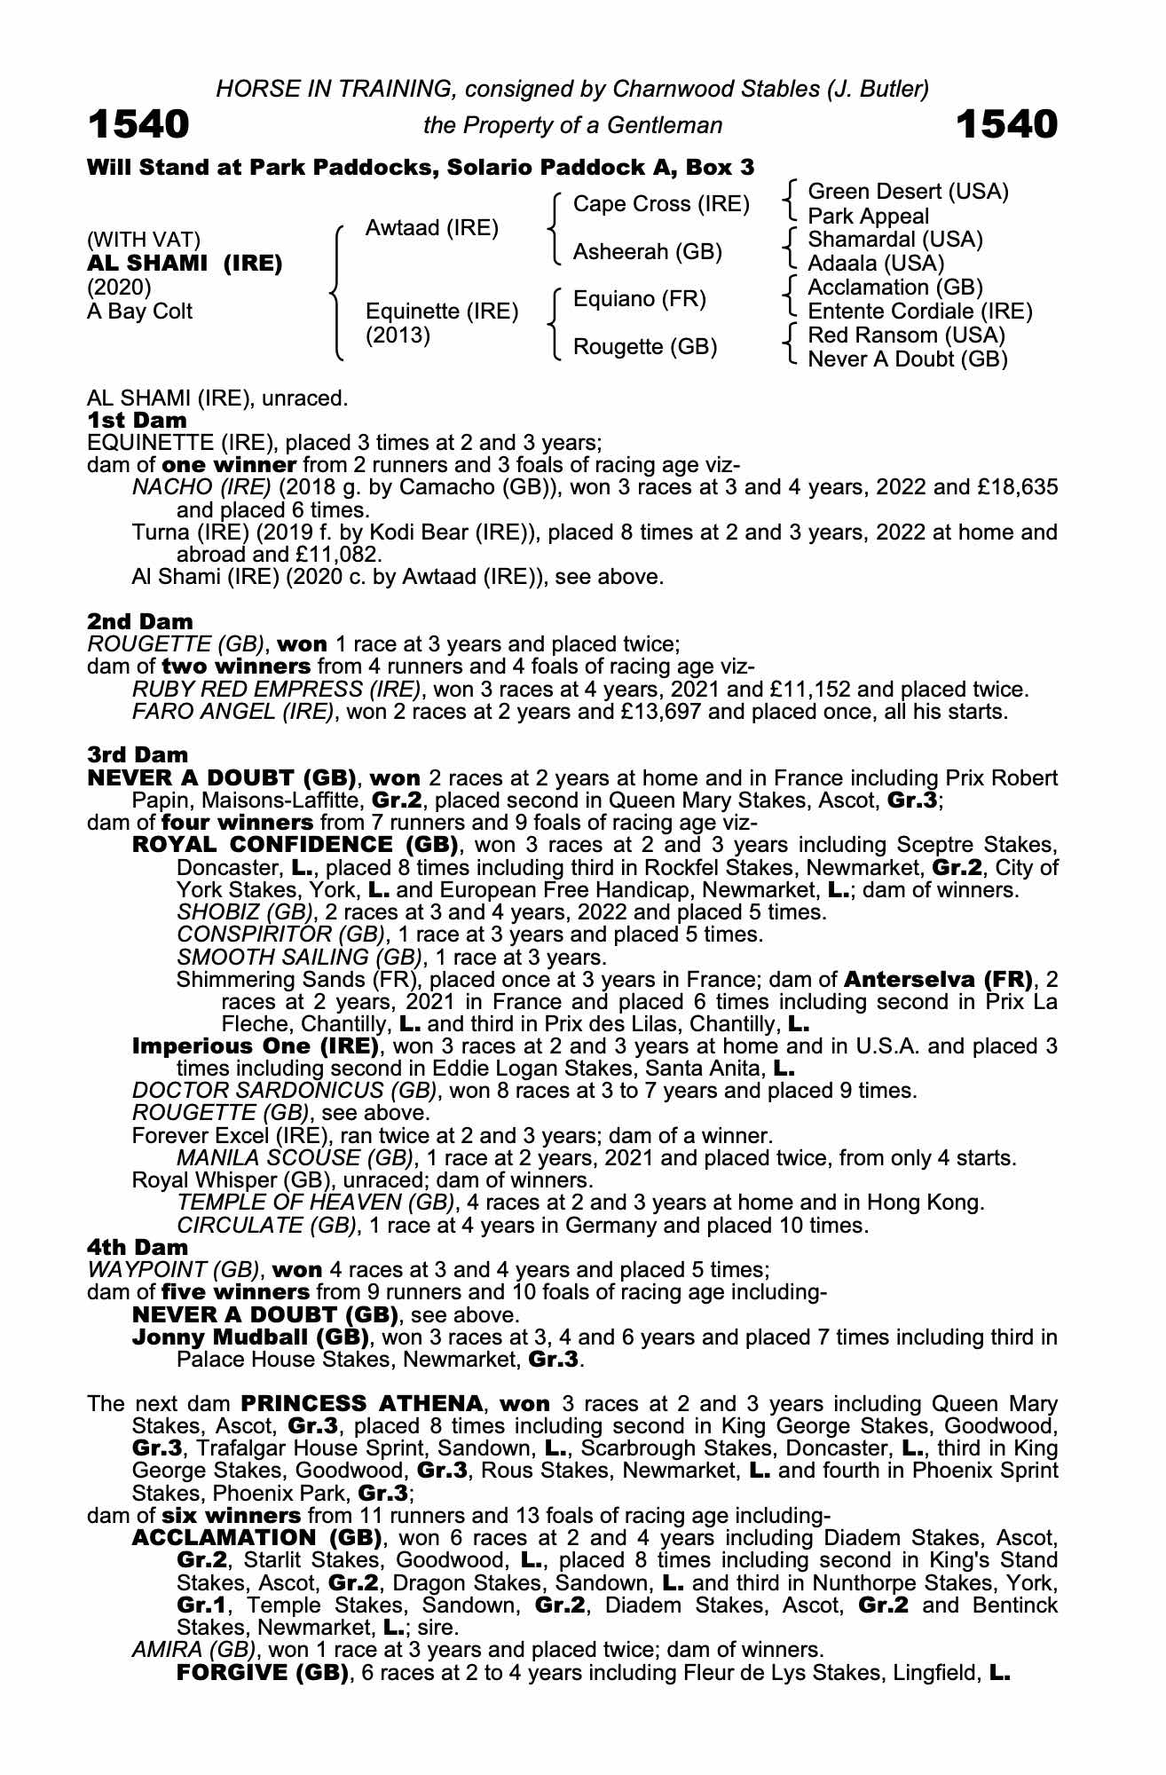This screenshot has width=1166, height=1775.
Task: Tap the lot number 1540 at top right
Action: click(1006, 125)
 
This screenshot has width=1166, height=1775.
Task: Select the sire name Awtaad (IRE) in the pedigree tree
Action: click(431, 228)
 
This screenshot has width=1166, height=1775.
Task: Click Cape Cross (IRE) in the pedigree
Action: click(661, 204)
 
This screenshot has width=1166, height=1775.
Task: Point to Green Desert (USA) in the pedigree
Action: click(908, 192)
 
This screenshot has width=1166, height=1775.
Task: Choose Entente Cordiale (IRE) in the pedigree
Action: click(919, 312)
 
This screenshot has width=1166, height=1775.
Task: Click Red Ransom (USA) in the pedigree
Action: click(906, 335)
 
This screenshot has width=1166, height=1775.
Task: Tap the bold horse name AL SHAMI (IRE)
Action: click(185, 264)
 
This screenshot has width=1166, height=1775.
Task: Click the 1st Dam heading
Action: click(137, 420)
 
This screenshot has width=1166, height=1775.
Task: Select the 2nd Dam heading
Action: click(139, 621)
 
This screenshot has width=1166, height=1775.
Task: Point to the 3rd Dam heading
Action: click(138, 755)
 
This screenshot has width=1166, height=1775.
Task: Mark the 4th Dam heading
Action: click(138, 1248)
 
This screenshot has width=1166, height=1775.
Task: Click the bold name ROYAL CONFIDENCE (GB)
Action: click(295, 845)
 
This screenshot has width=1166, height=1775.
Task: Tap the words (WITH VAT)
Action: click(143, 240)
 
